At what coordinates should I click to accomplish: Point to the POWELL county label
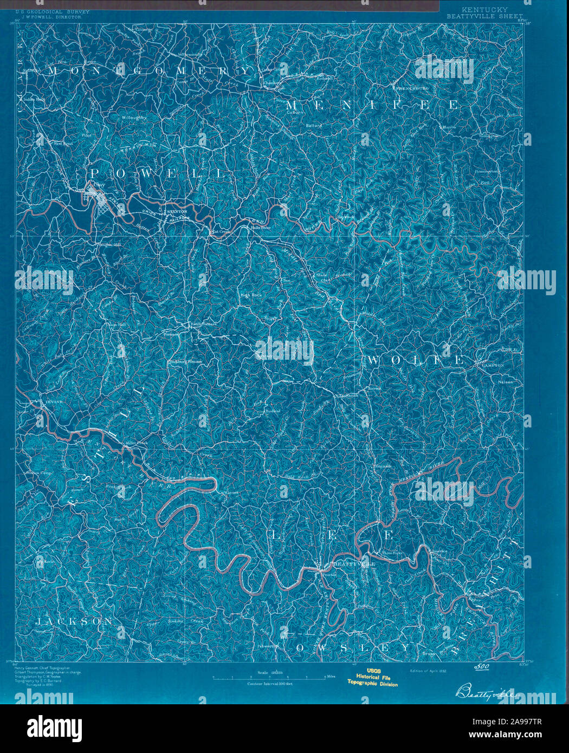pyautogui.click(x=157, y=174)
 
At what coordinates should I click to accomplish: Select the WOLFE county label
pyautogui.click(x=416, y=360)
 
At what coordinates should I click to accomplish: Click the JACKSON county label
pyautogui.click(x=74, y=622)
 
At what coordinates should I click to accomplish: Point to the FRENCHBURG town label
pyautogui.click(x=412, y=87)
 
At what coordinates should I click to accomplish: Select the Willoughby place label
pyautogui.click(x=134, y=117)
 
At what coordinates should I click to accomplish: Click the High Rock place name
pyautogui.click(x=251, y=295)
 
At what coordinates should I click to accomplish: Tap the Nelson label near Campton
pyautogui.click(x=505, y=382)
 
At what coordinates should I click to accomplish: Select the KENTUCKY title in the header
pyautogui.click(x=484, y=10)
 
